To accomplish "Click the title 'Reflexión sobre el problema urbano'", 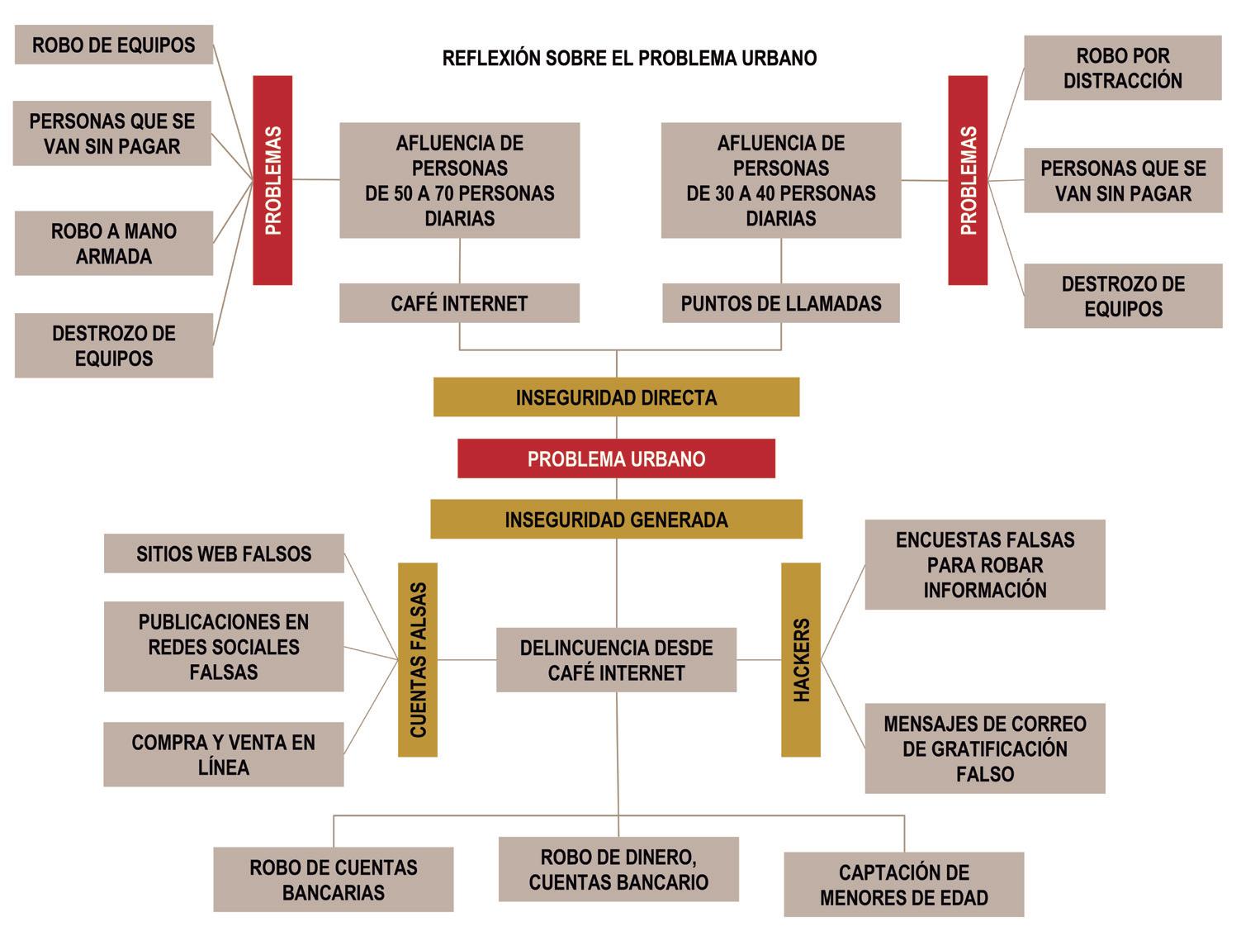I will (629, 58).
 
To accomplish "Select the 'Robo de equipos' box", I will (114, 45).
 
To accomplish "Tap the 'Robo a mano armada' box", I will (114, 244).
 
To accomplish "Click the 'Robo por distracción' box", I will (1122, 69).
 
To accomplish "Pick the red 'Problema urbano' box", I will (616, 458).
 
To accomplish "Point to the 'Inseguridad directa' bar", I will (616, 397).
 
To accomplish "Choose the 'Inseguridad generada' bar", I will (616, 520).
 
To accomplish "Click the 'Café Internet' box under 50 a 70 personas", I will (459, 303).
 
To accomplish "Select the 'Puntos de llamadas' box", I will (780, 303).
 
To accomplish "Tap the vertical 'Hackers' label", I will (801, 660).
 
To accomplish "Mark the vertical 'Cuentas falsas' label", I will (418, 660).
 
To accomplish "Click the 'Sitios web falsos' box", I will (224, 553).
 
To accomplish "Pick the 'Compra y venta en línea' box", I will (224, 754).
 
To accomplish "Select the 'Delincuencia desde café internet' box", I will (616, 660).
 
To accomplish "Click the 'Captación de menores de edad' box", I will (903, 885).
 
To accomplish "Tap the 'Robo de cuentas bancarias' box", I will (334, 880).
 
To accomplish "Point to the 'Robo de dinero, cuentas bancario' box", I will (618, 870).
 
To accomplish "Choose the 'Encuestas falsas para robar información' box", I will (984, 565).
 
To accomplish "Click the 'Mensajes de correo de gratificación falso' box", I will (984, 748).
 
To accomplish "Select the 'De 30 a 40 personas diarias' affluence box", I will (780, 181).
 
